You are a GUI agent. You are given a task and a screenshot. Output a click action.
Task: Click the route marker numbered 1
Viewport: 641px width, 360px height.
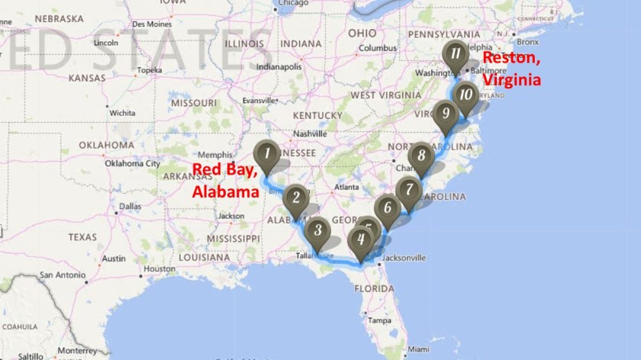(266, 156)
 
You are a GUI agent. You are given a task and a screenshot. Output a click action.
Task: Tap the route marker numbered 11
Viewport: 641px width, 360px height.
(456, 54)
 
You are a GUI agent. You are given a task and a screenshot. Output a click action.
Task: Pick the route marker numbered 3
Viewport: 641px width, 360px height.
(317, 230)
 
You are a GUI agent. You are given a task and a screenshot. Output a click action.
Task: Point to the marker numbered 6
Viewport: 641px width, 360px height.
(387, 207)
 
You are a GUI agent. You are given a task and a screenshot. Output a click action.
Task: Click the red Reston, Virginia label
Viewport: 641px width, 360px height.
(512, 69)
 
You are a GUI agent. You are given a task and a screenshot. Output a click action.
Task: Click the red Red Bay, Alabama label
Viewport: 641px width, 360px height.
(224, 180)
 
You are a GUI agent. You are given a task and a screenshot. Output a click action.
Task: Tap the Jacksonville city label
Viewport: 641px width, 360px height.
(401, 258)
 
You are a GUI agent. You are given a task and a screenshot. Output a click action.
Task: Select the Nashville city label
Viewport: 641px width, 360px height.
(309, 133)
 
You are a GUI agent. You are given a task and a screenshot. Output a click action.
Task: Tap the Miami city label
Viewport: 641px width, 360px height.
(417, 349)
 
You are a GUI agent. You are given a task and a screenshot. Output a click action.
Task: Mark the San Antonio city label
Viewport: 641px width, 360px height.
(65, 275)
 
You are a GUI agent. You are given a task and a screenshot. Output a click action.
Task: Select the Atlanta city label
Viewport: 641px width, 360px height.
(346, 186)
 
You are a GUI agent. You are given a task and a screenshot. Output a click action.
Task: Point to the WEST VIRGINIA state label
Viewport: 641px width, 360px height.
(384, 95)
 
